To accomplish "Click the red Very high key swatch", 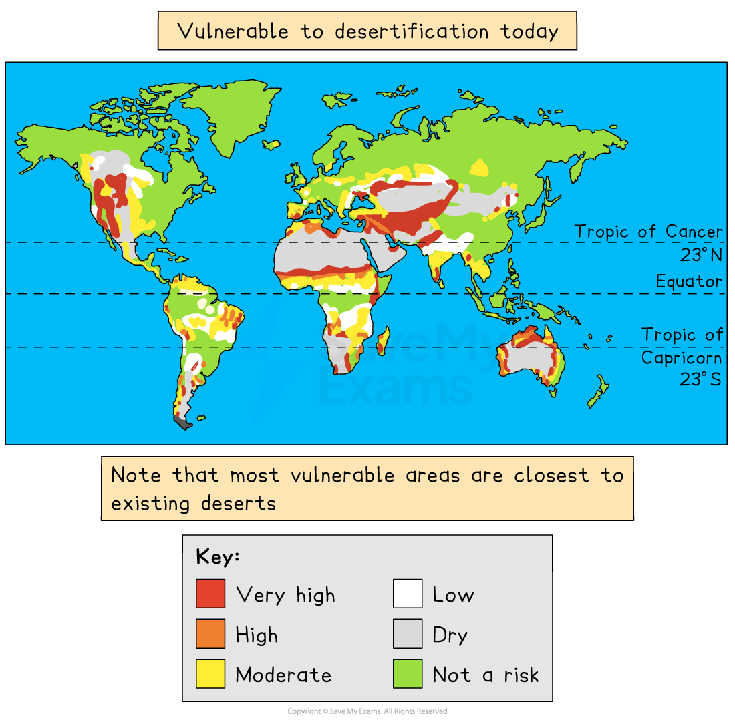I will (x=210, y=594).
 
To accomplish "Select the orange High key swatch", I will (x=210, y=634).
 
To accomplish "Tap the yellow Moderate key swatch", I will (x=210, y=673).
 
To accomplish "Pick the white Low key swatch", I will (x=407, y=594).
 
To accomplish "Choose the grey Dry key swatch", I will (x=407, y=634).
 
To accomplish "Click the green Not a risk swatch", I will (x=407, y=673).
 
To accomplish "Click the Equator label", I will (x=689, y=281).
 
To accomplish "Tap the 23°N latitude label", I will (x=701, y=256).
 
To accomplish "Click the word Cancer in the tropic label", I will (x=694, y=232).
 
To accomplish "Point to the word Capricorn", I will (x=682, y=358).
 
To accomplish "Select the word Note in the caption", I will (x=136, y=475).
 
